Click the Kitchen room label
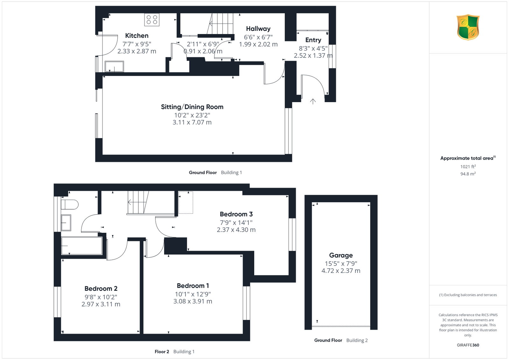[136, 35]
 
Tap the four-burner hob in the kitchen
[152, 19]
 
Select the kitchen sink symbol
[114, 66]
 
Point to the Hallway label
[258, 29]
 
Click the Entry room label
[313, 40]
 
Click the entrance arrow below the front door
[313, 101]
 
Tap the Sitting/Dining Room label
[192, 107]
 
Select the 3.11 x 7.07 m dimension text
[192, 122]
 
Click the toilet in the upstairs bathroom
[70, 204]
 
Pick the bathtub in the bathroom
[82, 246]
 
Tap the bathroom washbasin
[66, 223]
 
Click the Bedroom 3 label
[236, 214]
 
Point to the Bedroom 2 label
[101, 288]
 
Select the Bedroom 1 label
[193, 286]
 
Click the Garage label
[341, 255]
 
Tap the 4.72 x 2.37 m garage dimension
[341, 271]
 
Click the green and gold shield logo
[468, 27]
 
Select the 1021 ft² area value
[468, 167]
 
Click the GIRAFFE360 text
[468, 345]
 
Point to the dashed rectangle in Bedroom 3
[186, 202]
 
